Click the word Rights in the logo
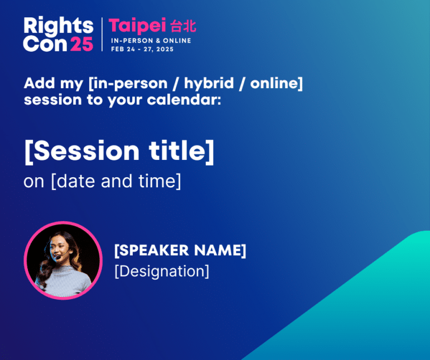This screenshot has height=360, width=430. [59, 26]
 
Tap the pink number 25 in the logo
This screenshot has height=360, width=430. [82, 44]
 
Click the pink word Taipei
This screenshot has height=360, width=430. [137, 26]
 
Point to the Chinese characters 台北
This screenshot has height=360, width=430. [183, 26]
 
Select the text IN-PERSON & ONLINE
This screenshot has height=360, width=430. [151, 41]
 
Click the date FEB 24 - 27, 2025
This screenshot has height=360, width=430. [142, 49]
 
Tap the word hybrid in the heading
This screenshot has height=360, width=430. [209, 83]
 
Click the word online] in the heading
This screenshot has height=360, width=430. [277, 83]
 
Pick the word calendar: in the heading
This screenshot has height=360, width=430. [183, 100]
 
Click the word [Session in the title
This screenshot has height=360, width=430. [82, 152]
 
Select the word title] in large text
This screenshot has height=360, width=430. [181, 152]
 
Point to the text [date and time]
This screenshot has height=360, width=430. [116, 181]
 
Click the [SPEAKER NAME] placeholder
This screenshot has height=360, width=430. [180, 250]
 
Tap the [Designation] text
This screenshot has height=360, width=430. [162, 271]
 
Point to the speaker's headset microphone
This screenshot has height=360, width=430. [57, 257]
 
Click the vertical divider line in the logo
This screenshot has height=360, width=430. [102, 34]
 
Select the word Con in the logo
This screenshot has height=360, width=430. [45, 44]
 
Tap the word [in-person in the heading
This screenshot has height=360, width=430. [128, 84]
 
